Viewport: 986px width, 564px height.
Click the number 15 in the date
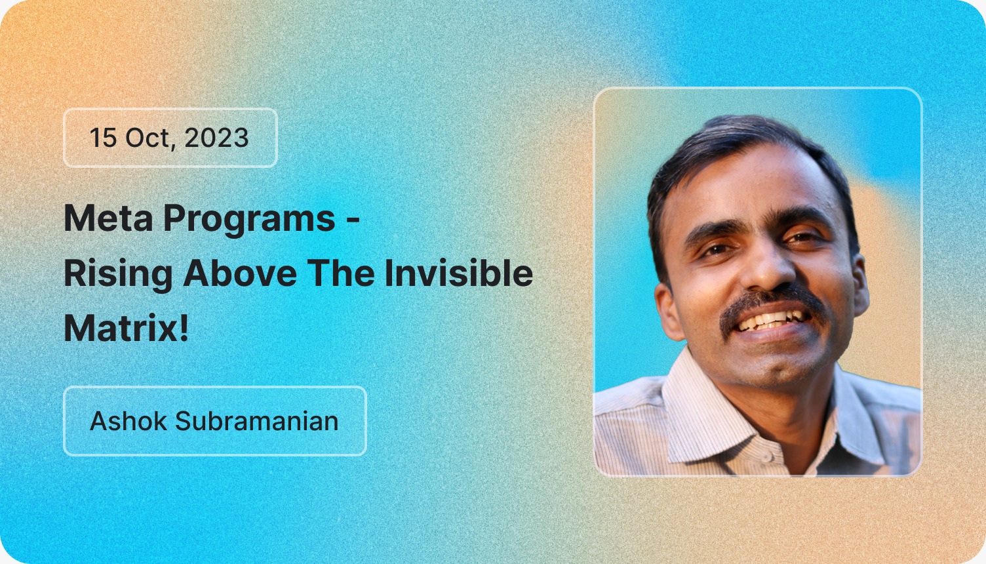coord(103,138)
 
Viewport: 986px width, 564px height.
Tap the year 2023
coord(216,138)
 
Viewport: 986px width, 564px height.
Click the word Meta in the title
coord(108,218)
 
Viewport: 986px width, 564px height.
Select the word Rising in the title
coord(118,274)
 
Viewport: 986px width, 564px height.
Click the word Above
coord(240,273)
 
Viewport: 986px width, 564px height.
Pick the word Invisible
coord(458,273)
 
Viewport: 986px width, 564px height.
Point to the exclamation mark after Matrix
coord(184,328)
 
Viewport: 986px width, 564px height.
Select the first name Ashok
coord(128,421)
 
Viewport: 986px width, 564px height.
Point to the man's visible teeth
coord(774,321)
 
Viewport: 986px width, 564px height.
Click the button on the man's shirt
coord(768,454)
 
